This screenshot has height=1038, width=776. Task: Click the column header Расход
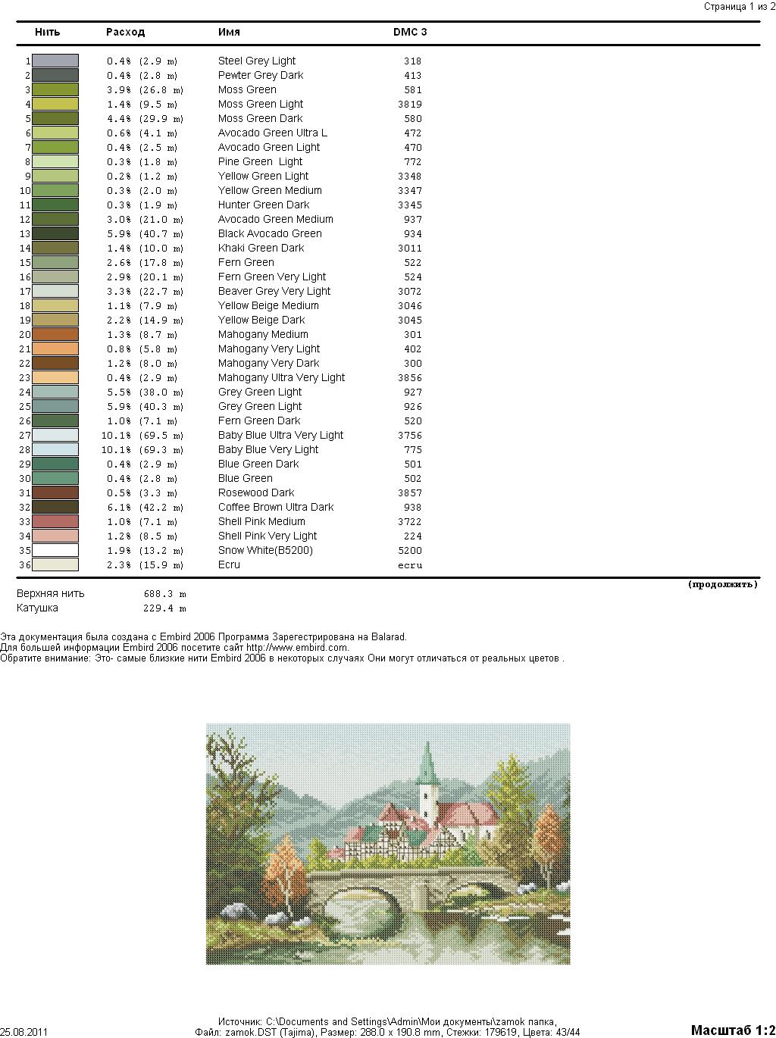click(125, 32)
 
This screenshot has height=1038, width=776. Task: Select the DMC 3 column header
click(409, 32)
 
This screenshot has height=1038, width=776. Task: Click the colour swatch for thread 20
click(55, 334)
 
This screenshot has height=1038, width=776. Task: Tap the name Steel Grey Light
click(257, 61)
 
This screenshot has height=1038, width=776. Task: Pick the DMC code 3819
click(410, 104)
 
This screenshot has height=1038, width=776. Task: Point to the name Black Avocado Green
click(270, 233)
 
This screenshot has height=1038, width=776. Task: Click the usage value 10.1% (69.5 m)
click(142, 435)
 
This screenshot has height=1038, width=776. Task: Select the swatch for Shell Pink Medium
click(55, 521)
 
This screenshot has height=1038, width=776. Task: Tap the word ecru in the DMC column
click(410, 564)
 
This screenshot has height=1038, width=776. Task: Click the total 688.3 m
click(164, 594)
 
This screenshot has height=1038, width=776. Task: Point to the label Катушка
click(37, 608)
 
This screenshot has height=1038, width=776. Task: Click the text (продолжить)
click(722, 584)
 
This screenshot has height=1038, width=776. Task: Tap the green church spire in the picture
click(427, 761)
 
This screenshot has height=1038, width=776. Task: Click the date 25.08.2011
click(23, 1031)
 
